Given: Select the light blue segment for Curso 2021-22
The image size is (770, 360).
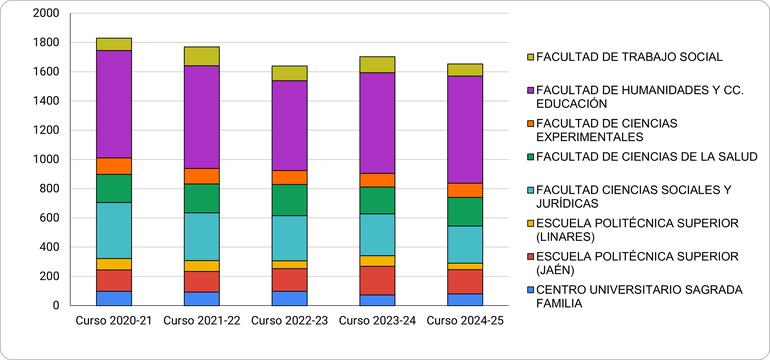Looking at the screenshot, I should [x=201, y=236].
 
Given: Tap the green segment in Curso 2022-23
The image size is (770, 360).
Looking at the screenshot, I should [x=289, y=200].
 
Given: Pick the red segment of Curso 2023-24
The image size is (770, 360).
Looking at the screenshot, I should [x=377, y=280].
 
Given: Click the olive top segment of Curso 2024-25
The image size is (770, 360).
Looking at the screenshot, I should [x=465, y=70].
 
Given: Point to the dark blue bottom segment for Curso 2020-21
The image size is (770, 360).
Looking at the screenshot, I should [x=114, y=298].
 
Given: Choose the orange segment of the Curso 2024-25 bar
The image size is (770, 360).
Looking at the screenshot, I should [x=465, y=190].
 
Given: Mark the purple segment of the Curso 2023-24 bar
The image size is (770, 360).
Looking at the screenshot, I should [x=377, y=122].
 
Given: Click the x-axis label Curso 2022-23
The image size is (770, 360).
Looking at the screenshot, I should [x=289, y=321].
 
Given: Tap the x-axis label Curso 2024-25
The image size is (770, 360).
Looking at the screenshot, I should [x=465, y=321].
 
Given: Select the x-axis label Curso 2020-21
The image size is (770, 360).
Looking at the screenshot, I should [x=114, y=321].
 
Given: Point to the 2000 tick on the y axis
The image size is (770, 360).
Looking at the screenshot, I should [x=45, y=14].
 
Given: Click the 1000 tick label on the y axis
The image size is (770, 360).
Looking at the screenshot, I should [x=45, y=159].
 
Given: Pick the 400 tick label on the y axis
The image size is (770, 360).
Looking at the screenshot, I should [x=49, y=247].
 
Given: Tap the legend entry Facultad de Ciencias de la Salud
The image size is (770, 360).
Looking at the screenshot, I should [x=646, y=157].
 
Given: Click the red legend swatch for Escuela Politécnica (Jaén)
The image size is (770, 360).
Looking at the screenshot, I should [x=529, y=257].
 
